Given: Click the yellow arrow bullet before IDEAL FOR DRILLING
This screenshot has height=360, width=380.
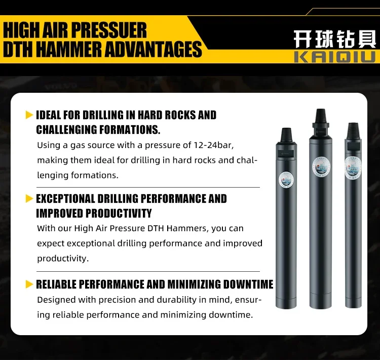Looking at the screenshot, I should coord(29,115).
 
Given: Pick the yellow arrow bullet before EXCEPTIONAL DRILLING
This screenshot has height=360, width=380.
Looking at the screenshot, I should coord(29,198).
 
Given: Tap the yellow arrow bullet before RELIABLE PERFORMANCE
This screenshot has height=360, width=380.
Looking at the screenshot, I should coord(29,284).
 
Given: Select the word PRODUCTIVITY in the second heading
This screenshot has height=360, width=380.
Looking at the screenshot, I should coord(119,213).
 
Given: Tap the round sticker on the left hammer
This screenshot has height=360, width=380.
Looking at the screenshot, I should coord(286,179).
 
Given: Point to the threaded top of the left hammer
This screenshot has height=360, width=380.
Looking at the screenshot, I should coord(286,135).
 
